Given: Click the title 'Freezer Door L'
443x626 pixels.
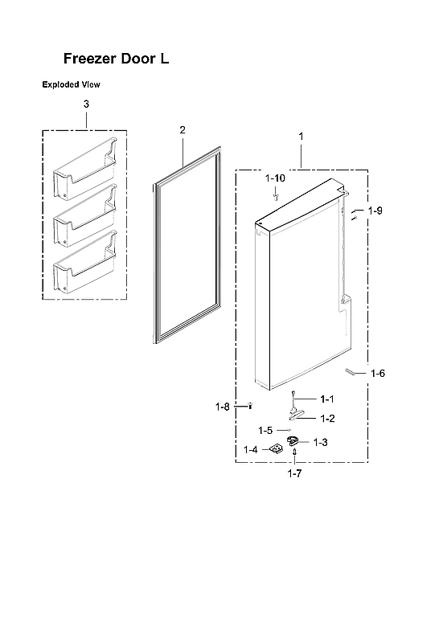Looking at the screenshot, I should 116,59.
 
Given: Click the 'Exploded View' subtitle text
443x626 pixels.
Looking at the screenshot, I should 71,84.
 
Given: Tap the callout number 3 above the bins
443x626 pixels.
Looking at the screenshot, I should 86,104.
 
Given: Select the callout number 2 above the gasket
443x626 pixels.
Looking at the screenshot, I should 183,129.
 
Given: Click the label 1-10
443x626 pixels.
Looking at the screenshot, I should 276,177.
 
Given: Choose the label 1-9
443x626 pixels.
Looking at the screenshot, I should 375,211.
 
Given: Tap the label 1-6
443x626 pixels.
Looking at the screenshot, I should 378,374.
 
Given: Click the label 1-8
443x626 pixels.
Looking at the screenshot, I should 223,408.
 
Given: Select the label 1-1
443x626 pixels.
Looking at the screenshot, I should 326,399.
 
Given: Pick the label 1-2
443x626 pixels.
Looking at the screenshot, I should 327,418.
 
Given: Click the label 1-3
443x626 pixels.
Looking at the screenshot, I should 320,442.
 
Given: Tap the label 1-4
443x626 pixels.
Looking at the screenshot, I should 251,449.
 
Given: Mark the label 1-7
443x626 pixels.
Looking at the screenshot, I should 294,474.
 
